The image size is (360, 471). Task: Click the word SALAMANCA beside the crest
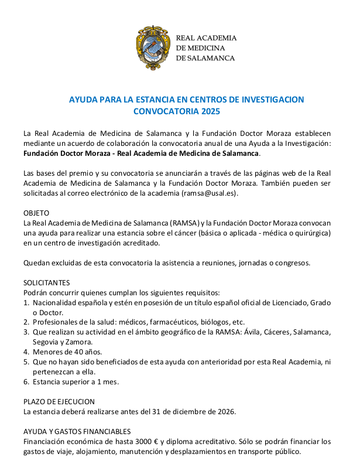click(x=211, y=58)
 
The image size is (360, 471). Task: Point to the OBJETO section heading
click(x=36, y=213)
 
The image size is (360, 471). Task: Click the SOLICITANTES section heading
click(x=46, y=282)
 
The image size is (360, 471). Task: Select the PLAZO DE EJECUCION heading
click(x=59, y=401)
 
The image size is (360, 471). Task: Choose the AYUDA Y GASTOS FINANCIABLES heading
click(x=77, y=431)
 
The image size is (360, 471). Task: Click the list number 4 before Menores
click(x=26, y=352)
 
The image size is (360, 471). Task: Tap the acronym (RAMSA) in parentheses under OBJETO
click(x=169, y=223)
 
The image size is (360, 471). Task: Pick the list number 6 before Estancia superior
click(x=26, y=382)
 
